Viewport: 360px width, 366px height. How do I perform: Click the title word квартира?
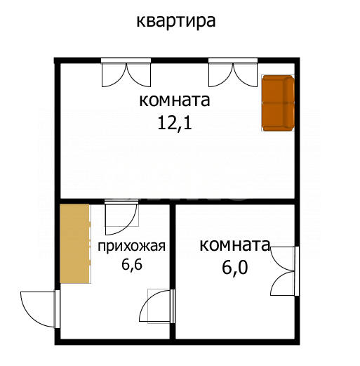[x=175, y=20]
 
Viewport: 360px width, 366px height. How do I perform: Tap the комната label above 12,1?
[x=175, y=100]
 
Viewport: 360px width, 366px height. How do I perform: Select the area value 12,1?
[x=175, y=124]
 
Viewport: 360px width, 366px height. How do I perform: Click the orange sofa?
[x=278, y=103]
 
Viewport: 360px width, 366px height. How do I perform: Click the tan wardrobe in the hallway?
[x=74, y=243]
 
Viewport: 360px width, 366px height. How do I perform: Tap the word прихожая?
[x=131, y=246]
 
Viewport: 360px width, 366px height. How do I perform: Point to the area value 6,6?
[x=132, y=265]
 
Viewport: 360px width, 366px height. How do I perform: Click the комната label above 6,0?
[x=235, y=245]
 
